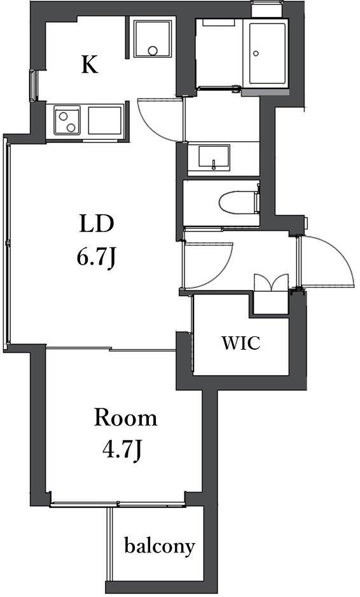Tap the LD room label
[x=96, y=224]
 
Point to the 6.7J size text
[x=96, y=257]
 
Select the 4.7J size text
[x=122, y=450]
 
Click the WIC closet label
[x=241, y=343]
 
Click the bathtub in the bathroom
[x=268, y=53]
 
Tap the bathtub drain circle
[x=256, y=53]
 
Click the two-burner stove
[x=67, y=120]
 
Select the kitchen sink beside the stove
[x=105, y=120]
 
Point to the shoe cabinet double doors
[x=271, y=282]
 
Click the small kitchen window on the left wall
[x=33, y=86]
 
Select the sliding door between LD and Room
[x=111, y=348]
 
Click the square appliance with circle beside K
[x=152, y=38]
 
